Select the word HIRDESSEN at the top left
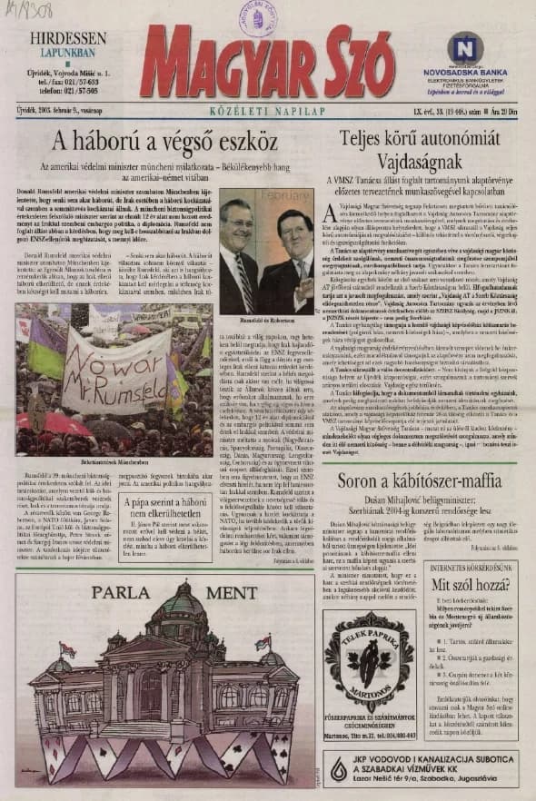coord(65,39)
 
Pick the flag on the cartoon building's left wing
coord(65,650)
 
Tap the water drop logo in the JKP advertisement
coord(340,770)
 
